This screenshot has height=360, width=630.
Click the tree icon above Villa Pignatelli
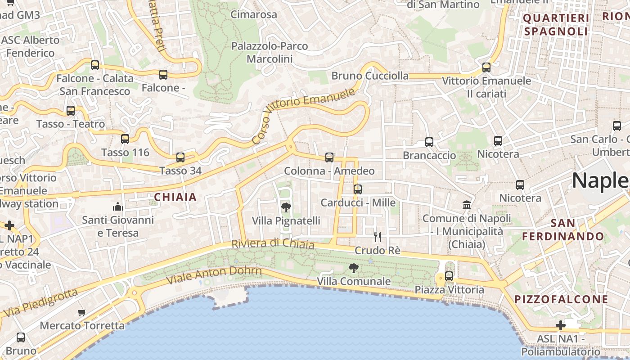point(286,207)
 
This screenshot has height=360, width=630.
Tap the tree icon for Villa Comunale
point(354,268)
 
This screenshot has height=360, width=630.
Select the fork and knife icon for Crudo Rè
point(378,237)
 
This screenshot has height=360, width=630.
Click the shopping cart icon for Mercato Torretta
point(81,312)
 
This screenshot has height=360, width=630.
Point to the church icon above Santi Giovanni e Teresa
point(118,207)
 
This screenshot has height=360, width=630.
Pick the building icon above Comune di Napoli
point(467,205)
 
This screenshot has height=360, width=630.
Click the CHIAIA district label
point(175,197)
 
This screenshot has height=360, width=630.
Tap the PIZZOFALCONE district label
point(561,299)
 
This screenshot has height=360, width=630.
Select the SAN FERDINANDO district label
point(562,229)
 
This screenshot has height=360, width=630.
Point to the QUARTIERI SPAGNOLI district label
point(556,25)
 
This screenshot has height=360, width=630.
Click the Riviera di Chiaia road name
point(273,244)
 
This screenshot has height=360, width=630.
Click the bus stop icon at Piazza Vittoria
point(449,276)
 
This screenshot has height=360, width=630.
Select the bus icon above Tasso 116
point(125,139)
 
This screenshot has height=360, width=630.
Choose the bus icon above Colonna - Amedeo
point(329,157)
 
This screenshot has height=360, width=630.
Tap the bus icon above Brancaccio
point(429,142)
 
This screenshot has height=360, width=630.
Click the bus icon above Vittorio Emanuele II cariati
point(486,67)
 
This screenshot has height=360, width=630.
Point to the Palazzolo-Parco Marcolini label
point(270,52)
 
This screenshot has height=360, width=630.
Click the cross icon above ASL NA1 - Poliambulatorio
point(560,325)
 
